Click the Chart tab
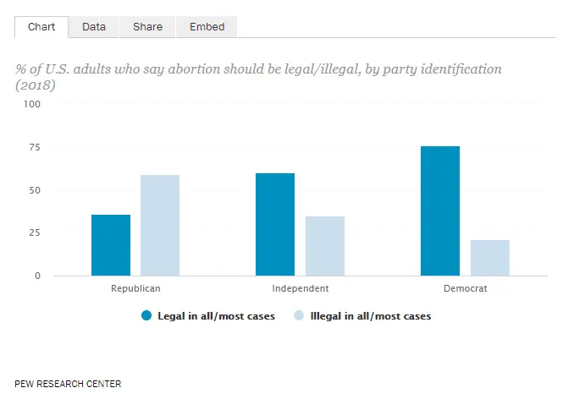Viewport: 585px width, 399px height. click(x=41, y=27)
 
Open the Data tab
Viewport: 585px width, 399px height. click(x=94, y=27)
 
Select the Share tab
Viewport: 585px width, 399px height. click(x=147, y=27)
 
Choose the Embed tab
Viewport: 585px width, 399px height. click(x=207, y=27)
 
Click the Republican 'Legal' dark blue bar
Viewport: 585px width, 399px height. click(x=111, y=245)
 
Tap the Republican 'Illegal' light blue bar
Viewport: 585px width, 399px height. click(x=160, y=225)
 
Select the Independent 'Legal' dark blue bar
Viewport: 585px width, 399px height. click(x=275, y=224)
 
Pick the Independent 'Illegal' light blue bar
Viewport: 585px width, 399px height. click(x=325, y=246)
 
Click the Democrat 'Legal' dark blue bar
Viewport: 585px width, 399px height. click(x=440, y=210)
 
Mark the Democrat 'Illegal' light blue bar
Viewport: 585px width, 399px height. click(x=490, y=258)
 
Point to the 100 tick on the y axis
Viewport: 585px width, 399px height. click(x=31, y=104)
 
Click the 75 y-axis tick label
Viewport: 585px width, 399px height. click(x=34, y=147)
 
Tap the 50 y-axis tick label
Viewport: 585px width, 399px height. click(x=34, y=190)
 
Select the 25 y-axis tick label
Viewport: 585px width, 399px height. click(x=34, y=232)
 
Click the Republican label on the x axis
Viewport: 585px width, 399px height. click(x=135, y=289)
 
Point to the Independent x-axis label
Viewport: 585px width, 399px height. click(x=301, y=289)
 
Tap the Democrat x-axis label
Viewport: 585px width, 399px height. click(x=465, y=289)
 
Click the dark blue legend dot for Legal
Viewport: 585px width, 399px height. click(x=146, y=316)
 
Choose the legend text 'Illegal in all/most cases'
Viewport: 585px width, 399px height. click(x=371, y=316)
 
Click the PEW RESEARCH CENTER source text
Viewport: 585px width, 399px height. click(x=68, y=384)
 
